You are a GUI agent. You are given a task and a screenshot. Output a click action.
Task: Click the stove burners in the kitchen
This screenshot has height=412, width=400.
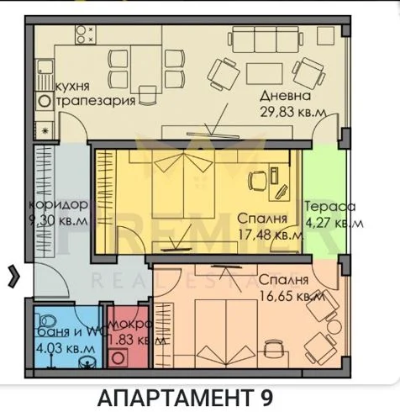[85, 33]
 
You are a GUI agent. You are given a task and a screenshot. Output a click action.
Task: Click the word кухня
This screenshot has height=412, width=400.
[74, 87]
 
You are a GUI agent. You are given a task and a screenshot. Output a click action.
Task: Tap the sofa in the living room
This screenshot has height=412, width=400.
[258, 40]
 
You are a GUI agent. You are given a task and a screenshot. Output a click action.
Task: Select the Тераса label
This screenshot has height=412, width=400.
[330, 207]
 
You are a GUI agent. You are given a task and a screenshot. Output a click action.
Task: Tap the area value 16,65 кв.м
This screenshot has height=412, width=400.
[291, 296]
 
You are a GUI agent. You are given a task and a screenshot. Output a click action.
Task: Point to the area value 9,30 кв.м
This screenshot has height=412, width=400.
[57, 222]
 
